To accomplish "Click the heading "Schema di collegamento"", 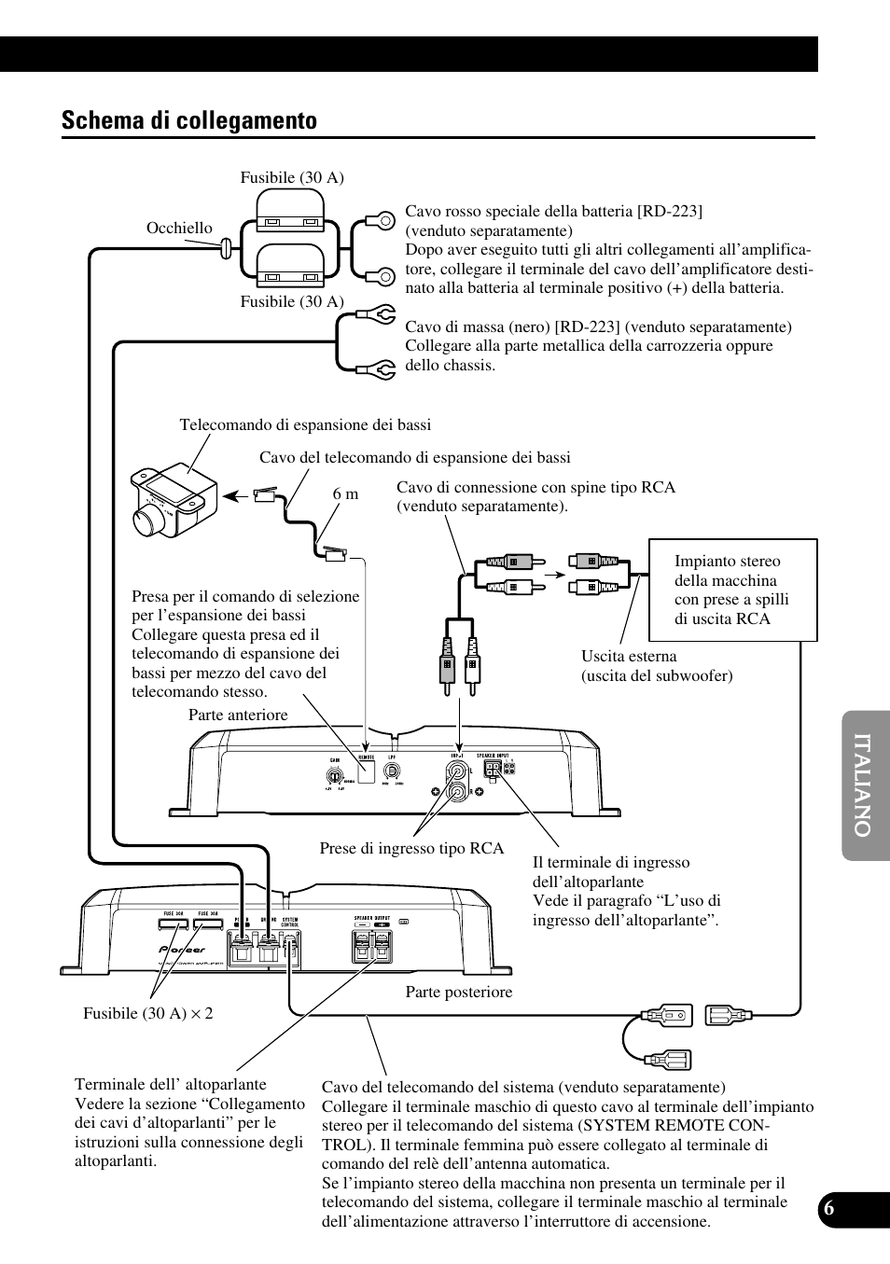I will pos(189,120).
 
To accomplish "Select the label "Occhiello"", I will pos(179,228).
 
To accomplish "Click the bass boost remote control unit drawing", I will pos(173,500).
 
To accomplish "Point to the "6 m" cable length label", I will pos(345,494).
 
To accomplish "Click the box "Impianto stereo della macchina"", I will pos(732,590).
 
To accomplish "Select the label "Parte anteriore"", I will pos(238,715).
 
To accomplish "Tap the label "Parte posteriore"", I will pos(458,992).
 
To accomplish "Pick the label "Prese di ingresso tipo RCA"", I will pos(411,848).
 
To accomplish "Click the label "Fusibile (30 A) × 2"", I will pos(148,1013).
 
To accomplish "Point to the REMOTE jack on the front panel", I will pos(366,771).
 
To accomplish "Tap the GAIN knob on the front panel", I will pos(330,773).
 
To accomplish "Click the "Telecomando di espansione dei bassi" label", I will pos(305,425).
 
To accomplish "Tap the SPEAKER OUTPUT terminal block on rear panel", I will pos(370,947).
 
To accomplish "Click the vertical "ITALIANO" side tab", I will pos(864,786).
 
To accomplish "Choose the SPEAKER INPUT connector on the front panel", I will pos(494,770).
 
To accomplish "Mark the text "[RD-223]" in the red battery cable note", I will pos(669,211).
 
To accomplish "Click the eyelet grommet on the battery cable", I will pos(225,249).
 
